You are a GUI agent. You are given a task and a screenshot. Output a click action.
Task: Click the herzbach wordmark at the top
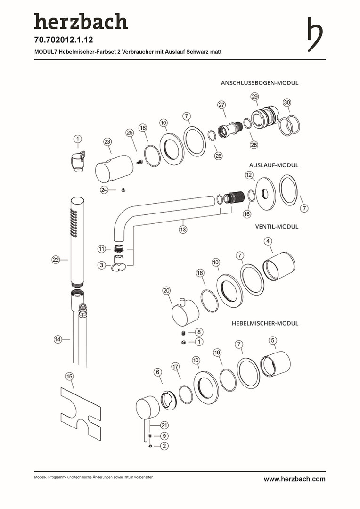click(x=81, y=22)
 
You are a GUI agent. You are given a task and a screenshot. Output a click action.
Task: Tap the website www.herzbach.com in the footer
click(x=294, y=479)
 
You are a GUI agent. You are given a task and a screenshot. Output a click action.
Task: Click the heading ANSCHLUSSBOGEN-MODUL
click(x=260, y=82)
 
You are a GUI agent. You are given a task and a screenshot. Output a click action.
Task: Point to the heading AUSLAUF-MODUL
click(x=273, y=165)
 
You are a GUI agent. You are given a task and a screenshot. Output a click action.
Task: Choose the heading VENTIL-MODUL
click(x=277, y=226)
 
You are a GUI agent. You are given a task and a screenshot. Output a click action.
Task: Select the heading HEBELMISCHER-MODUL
click(x=265, y=323)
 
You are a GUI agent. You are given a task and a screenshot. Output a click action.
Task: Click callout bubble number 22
click(x=56, y=260)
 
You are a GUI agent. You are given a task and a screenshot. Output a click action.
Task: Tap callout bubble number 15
click(x=69, y=376)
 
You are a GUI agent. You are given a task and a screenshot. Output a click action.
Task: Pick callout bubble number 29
click(x=254, y=97)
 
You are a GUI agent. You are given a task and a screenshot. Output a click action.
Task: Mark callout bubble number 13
click(x=183, y=230)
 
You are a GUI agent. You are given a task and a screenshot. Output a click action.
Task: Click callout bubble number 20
click(x=166, y=291)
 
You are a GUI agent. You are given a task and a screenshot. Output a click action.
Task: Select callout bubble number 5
click(x=272, y=340)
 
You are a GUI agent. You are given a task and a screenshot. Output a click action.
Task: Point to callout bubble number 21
click(x=164, y=424)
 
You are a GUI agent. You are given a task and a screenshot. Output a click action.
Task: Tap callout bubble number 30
click(x=287, y=102)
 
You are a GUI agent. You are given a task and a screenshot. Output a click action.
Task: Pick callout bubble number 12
click(x=249, y=175)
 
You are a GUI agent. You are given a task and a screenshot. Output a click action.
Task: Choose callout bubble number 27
click(x=221, y=105)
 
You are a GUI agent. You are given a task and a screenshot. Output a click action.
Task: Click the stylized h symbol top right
click(x=315, y=34)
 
